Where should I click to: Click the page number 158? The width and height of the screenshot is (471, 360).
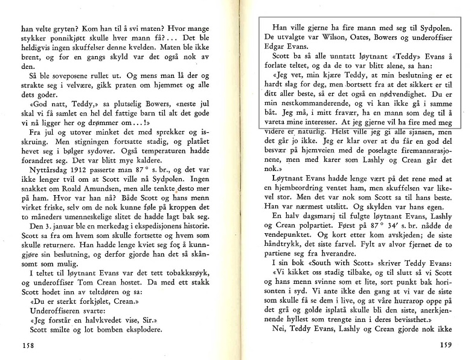coord(28,347)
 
